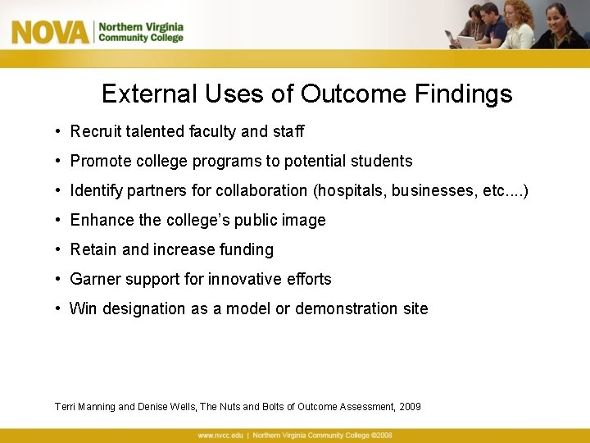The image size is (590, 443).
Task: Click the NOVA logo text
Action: pyautogui.click(x=49, y=33)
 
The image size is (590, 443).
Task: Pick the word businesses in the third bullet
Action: pyautogui.click(x=433, y=190)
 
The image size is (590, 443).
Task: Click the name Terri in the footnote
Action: pyautogui.click(x=66, y=407)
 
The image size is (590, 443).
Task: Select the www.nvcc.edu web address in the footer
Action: pyautogui.click(x=220, y=435)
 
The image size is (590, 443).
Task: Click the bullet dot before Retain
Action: pyautogui.click(x=59, y=249)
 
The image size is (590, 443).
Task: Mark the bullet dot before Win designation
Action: pyautogui.click(x=59, y=308)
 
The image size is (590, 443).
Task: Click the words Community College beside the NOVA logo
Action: pyautogui.click(x=140, y=38)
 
